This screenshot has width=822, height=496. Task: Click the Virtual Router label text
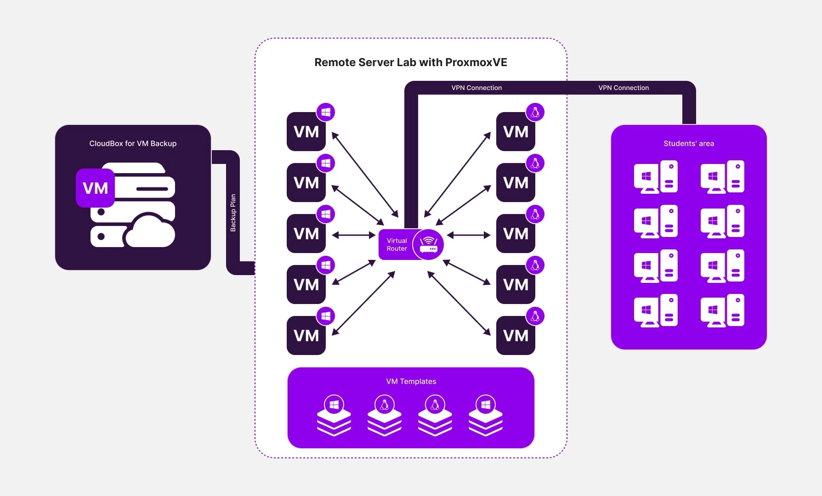(397, 244)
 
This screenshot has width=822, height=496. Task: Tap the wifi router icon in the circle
(428, 244)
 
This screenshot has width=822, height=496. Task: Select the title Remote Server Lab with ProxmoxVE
(410, 62)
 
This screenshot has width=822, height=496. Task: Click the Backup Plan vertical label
(233, 213)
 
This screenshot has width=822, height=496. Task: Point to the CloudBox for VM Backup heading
(133, 143)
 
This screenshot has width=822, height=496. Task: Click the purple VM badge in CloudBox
(95, 188)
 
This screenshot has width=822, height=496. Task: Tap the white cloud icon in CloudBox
(150, 231)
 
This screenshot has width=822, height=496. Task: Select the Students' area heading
(688, 143)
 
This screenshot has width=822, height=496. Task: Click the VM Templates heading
(411, 381)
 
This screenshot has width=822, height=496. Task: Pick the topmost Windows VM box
(306, 132)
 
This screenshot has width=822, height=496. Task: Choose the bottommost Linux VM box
(516, 336)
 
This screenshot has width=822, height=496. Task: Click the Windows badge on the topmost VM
(326, 112)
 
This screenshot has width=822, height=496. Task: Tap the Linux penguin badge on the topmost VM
(535, 112)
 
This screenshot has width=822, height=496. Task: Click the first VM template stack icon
(334, 416)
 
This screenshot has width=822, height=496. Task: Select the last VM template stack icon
(486, 416)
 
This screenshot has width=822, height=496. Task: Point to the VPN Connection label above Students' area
(624, 88)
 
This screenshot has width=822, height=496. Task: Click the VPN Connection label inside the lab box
(476, 88)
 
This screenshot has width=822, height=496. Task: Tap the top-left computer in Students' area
(655, 177)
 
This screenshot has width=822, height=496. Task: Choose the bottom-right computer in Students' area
(722, 310)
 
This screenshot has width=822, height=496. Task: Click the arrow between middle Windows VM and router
(354, 235)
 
